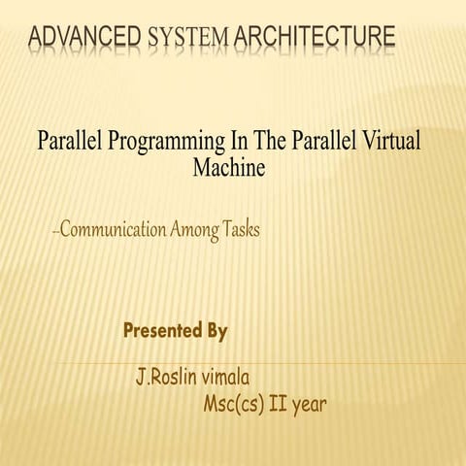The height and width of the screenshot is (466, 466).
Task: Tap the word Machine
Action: click(x=230, y=167)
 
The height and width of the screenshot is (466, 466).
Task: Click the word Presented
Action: click(x=163, y=331)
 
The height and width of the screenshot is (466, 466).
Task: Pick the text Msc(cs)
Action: click(x=233, y=403)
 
